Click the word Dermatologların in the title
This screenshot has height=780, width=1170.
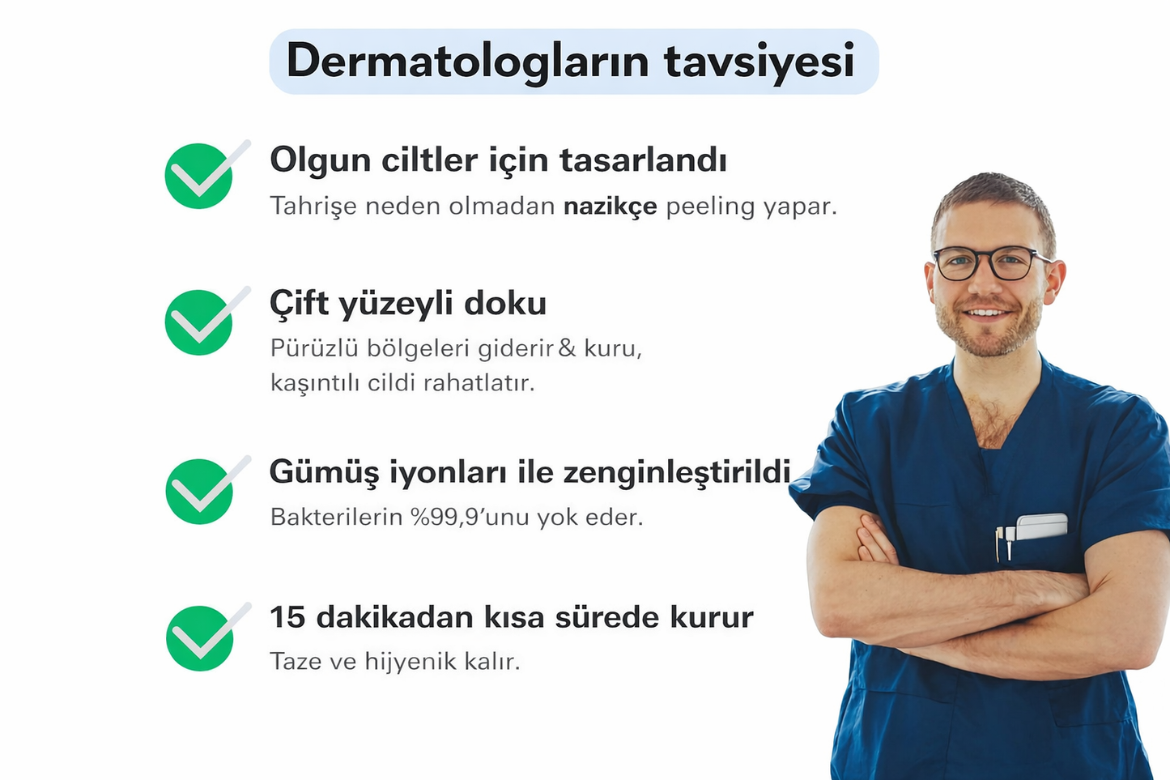tap(467, 62)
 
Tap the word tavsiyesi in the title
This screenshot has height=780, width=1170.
tap(759, 62)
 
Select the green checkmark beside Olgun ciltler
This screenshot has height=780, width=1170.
tap(199, 176)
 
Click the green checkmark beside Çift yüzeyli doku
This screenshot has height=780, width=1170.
tap(199, 322)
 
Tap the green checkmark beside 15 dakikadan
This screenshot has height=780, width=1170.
tap(200, 637)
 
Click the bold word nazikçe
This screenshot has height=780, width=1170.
tap(610, 207)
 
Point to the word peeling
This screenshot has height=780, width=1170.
tap(710, 207)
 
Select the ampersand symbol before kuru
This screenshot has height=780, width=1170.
tap(567, 348)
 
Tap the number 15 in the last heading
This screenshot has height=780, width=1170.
tap(287, 617)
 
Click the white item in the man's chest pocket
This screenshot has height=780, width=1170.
tap(1040, 526)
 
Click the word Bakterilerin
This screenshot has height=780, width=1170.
tap(336, 517)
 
